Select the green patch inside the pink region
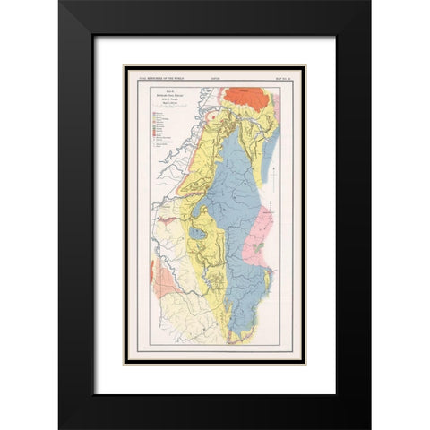260,243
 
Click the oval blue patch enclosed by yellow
198,234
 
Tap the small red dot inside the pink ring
213,116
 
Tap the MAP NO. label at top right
270,78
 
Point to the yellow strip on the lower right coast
266,296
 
